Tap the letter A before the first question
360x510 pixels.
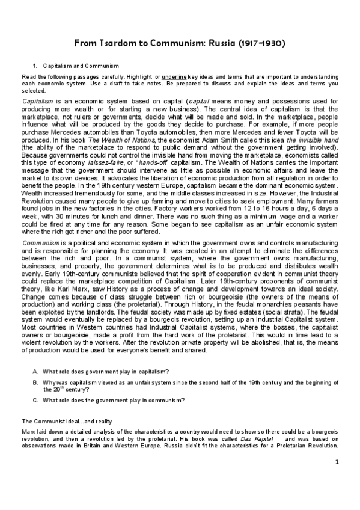click(x=36, y=370)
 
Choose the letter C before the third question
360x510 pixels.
click(x=36, y=399)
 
